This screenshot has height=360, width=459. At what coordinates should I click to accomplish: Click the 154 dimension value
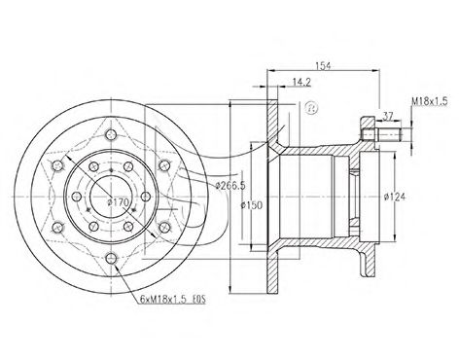pyautogui.click(x=323, y=65)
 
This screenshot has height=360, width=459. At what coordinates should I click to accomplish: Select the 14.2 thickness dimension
pyautogui.click(x=301, y=82)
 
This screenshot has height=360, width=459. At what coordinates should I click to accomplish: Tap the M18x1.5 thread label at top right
pyautogui.click(x=430, y=101)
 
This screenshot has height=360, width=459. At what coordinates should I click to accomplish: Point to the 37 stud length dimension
pyautogui.click(x=388, y=116)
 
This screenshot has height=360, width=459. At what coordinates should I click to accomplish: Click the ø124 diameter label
pyautogui.click(x=395, y=197)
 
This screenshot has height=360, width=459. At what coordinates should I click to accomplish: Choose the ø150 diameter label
pyautogui.click(x=252, y=205)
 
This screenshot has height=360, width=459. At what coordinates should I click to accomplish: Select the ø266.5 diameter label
pyautogui.click(x=230, y=186)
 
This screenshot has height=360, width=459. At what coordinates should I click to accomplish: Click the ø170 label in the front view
pyautogui.click(x=119, y=202)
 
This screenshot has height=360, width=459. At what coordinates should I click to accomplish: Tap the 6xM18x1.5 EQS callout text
pyautogui.click(x=173, y=299)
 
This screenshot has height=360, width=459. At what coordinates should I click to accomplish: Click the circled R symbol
pyautogui.click(x=311, y=108)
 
